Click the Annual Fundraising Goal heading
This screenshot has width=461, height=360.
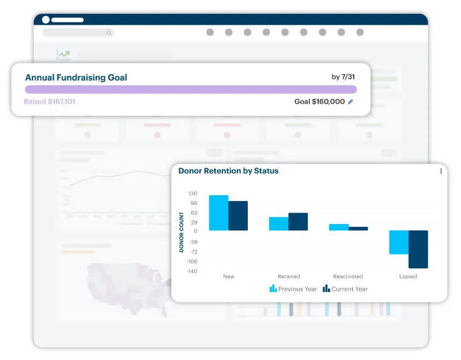[x=76, y=78]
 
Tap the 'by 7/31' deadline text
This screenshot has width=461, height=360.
[x=343, y=77]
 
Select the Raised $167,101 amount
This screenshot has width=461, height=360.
[x=50, y=102]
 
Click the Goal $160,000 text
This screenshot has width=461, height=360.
[x=319, y=102]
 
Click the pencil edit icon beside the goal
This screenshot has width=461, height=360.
[x=351, y=102]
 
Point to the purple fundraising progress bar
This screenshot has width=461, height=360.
[x=191, y=89]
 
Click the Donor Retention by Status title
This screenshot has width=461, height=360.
[x=228, y=171]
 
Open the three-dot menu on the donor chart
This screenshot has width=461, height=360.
[x=441, y=171]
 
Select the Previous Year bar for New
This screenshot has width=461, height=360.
[x=218, y=213]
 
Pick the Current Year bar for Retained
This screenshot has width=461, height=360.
[x=298, y=222]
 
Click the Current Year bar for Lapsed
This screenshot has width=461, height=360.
[x=418, y=249]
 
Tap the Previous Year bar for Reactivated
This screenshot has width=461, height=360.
[x=339, y=228]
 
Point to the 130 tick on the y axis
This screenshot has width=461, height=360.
[x=192, y=194]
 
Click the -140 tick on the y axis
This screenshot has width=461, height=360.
[x=191, y=271]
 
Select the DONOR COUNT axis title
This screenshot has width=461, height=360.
[x=182, y=232]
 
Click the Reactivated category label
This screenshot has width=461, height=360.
[x=348, y=276]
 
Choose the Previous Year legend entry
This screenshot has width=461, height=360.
[x=293, y=289]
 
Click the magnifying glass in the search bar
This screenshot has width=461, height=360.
[x=109, y=33]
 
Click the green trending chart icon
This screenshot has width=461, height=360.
[x=63, y=55]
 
